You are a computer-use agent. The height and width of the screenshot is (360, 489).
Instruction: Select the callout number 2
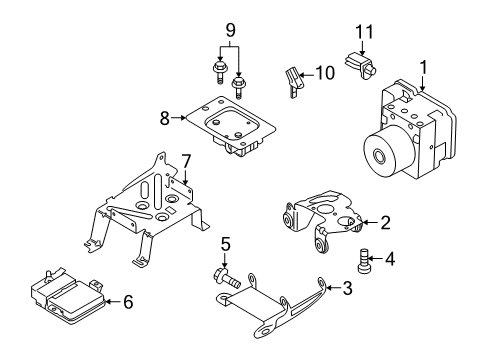pyautogui.click(x=383, y=223)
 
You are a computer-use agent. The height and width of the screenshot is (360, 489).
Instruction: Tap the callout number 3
pyautogui.click(x=347, y=290)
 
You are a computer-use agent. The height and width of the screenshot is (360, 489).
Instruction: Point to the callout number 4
pyautogui.click(x=389, y=259)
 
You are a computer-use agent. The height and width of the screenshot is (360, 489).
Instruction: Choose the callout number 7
pyautogui.click(x=185, y=160)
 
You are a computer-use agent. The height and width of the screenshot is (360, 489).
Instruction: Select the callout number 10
pyautogui.click(x=324, y=72)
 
